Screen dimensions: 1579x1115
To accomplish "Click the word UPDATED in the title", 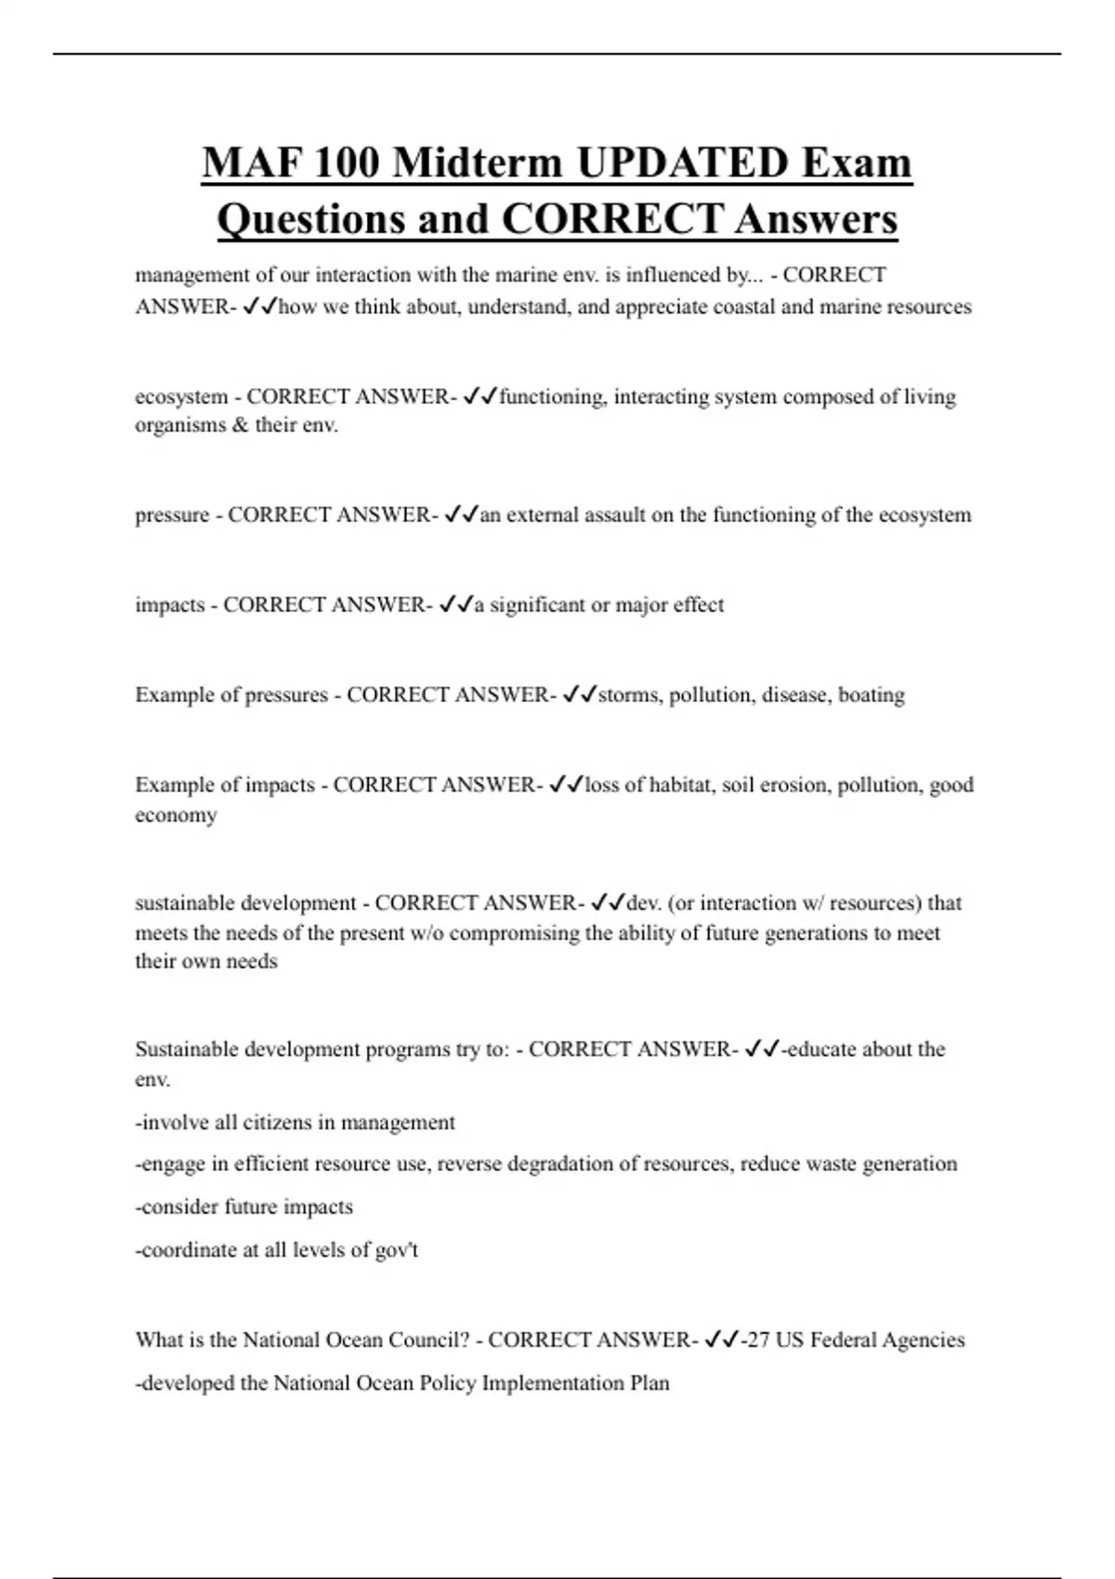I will point(682,163).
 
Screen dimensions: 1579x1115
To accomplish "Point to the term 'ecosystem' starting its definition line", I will point(181,397).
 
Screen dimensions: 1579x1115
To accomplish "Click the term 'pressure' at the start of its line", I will point(172,515).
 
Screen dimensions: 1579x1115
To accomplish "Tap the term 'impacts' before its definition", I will point(169,605).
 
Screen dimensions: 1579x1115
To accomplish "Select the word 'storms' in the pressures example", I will point(629,695).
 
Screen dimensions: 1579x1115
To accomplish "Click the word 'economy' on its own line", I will point(176,815).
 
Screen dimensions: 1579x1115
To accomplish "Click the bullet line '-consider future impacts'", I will point(244,1207).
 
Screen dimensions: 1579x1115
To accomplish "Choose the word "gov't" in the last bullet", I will point(396,1250).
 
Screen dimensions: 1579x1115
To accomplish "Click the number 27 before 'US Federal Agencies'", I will point(757,1339).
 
